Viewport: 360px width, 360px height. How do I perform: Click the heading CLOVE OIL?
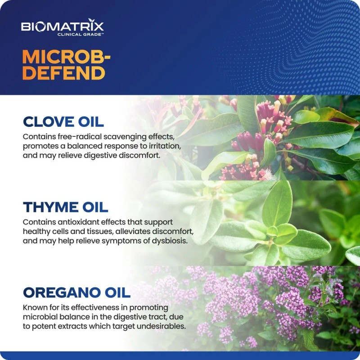pos(63,122)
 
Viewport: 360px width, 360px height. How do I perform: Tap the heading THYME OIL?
pos(65,207)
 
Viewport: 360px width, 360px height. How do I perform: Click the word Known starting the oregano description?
pos(35,308)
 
